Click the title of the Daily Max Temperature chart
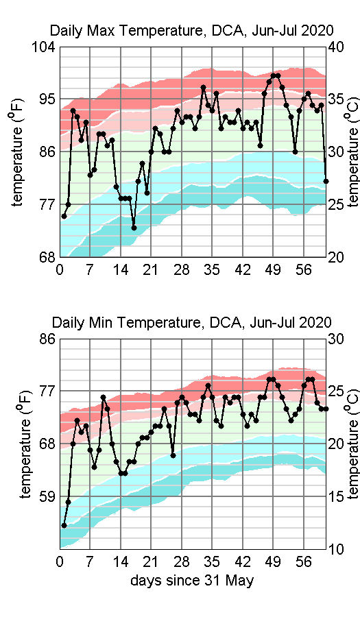191,30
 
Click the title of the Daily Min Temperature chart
191,322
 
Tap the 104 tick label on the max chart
43,47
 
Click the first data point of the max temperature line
64,216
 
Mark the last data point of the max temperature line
326,181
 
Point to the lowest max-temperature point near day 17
134,228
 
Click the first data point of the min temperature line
64,525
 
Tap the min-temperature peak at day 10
104,397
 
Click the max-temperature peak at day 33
204,87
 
